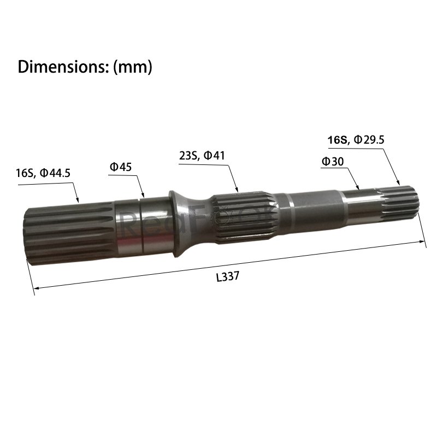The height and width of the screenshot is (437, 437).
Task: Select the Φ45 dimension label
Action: click(120, 167)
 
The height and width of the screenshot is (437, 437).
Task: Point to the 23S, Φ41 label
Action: click(202, 156)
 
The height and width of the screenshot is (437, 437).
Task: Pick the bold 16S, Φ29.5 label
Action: click(356, 140)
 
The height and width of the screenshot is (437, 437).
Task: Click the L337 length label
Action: click(228, 276)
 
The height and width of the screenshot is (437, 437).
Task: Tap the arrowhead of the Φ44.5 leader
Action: click(78, 200)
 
